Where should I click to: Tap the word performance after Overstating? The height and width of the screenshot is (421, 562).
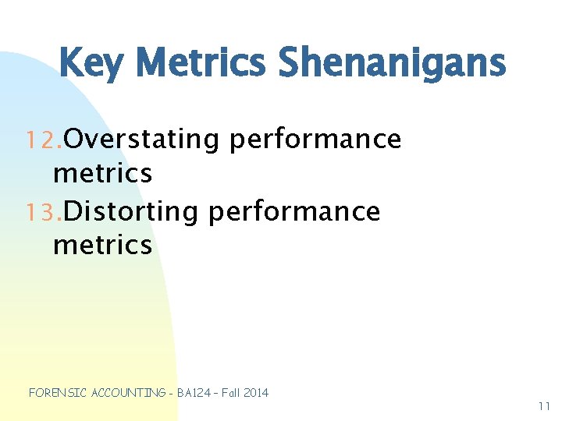coord(315,140)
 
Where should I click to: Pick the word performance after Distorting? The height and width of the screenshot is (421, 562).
coord(295,212)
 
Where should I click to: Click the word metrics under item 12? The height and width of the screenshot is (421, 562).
coord(102,173)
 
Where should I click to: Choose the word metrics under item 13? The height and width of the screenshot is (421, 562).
coord(102,245)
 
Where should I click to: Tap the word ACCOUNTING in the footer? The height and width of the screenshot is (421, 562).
coord(128,393)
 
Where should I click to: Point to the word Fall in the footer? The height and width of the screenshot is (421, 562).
coord(230,393)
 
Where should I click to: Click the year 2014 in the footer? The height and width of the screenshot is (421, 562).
coord(256,393)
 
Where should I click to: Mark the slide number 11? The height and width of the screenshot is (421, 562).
coord(544,406)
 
